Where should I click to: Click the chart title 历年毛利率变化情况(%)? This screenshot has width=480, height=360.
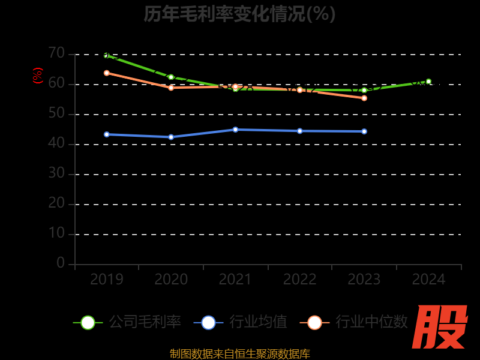point(239,14)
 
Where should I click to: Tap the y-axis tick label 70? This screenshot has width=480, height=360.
point(56,53)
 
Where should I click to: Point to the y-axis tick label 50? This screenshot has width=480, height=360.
point(56,113)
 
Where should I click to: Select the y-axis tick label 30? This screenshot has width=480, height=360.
point(56,173)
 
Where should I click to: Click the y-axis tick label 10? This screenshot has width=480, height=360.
point(56,233)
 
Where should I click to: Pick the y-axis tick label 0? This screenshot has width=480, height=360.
point(61,263)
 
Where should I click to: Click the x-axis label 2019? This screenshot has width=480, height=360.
point(107,280)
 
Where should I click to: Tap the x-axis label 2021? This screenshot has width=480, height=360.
point(235,280)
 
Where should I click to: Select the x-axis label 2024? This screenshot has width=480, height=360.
point(428,280)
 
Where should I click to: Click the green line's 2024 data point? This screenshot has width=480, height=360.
point(428,82)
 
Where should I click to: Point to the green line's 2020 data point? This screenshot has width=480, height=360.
point(171,77)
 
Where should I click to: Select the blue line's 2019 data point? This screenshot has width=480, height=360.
point(107,134)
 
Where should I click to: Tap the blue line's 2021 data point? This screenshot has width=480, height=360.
point(235,130)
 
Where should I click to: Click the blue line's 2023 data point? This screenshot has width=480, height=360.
point(364,131)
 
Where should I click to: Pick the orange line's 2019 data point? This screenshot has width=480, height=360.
point(107,73)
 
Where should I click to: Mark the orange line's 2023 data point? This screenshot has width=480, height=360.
point(364,98)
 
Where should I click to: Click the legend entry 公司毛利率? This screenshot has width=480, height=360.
point(127,322)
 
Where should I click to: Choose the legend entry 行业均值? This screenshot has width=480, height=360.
point(240,322)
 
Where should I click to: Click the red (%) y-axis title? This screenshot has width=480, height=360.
point(38,76)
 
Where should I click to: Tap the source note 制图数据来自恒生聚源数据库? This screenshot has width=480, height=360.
point(240,354)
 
